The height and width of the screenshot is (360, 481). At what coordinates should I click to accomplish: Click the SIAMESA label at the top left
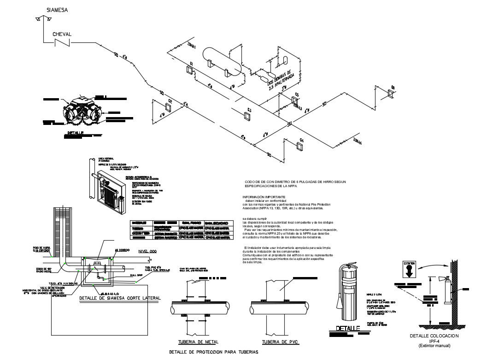pyautogui.click(x=57, y=10)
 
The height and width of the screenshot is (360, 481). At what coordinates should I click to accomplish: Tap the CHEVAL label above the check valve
pyautogui.click(x=62, y=34)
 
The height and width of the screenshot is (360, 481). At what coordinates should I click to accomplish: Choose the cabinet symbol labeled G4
pyautogui.click(x=300, y=146)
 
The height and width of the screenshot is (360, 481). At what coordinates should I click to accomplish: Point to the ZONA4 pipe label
pyautogui.click(x=357, y=142)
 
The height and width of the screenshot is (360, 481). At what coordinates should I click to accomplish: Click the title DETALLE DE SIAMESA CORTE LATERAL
pyautogui.click(x=119, y=298)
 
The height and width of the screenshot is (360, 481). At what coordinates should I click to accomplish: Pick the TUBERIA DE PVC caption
pyautogui.click(x=279, y=342)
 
